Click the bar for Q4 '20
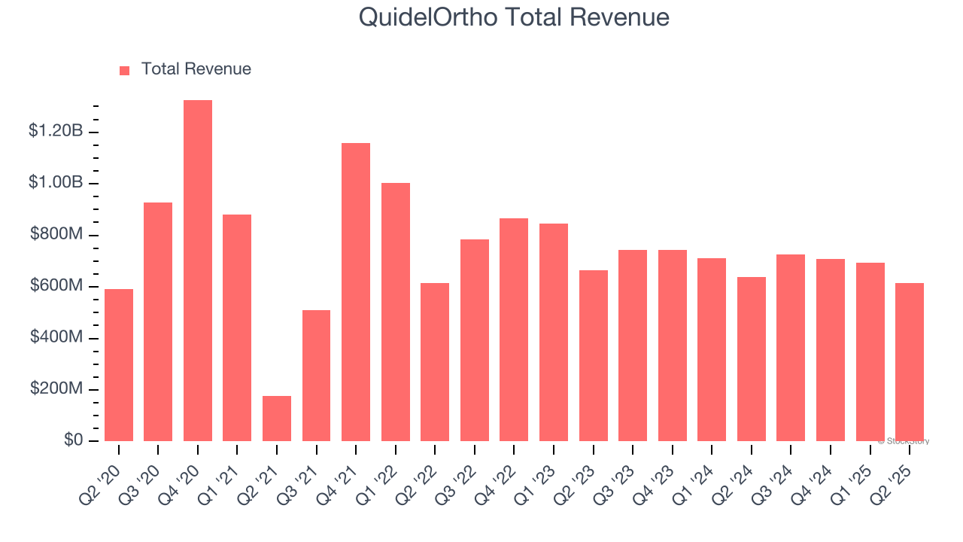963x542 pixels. pyautogui.click(x=198, y=270)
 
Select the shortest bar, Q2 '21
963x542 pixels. pyautogui.click(x=277, y=419)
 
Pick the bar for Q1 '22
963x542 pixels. pyautogui.click(x=396, y=312)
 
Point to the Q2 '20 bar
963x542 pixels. pyautogui.click(x=119, y=365)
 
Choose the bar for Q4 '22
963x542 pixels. pyautogui.click(x=514, y=330)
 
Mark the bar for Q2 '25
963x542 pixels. pyautogui.click(x=910, y=362)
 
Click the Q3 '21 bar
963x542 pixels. pyautogui.click(x=316, y=376)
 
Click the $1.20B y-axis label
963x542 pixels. pyautogui.click(x=56, y=132)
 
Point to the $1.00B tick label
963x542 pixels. pyautogui.click(x=56, y=183)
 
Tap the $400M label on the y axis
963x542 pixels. pyautogui.click(x=56, y=337)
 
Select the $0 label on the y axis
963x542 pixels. pyautogui.click(x=72, y=440)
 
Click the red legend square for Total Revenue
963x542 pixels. pyautogui.click(x=125, y=70)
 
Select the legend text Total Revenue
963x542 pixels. pyautogui.click(x=196, y=69)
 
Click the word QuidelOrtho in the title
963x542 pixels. pyautogui.click(x=427, y=17)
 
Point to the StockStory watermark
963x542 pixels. pyautogui.click(x=903, y=441)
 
